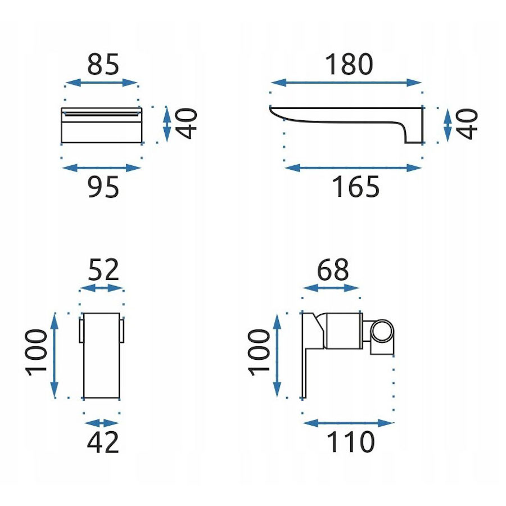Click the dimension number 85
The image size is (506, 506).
(x=103, y=64)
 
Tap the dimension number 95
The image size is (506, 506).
(x=103, y=187)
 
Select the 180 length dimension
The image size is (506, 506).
(x=349, y=64)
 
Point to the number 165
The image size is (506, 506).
(x=356, y=187)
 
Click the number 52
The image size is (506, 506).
(x=103, y=269)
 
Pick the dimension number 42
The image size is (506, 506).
(x=103, y=442)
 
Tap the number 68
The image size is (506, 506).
(x=333, y=269)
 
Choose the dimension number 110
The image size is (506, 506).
(x=351, y=442)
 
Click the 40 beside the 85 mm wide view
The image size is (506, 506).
(x=186, y=124)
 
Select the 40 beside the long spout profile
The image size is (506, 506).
(x=467, y=124)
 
